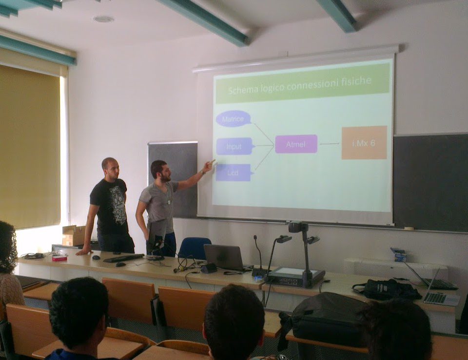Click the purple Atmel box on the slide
coord(296,144)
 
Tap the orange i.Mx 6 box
coord(364,143)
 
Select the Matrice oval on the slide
coord(234,119)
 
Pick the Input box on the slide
coord(234,146)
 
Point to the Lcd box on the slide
coord(234,172)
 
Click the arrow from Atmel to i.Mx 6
coord(330,144)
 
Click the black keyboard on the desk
coord(123,258)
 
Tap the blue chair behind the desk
coord(195,248)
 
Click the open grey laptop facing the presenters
coord(224,257)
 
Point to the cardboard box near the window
coord(74,235)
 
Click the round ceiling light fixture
coord(103,19)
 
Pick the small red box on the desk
coord(59,258)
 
